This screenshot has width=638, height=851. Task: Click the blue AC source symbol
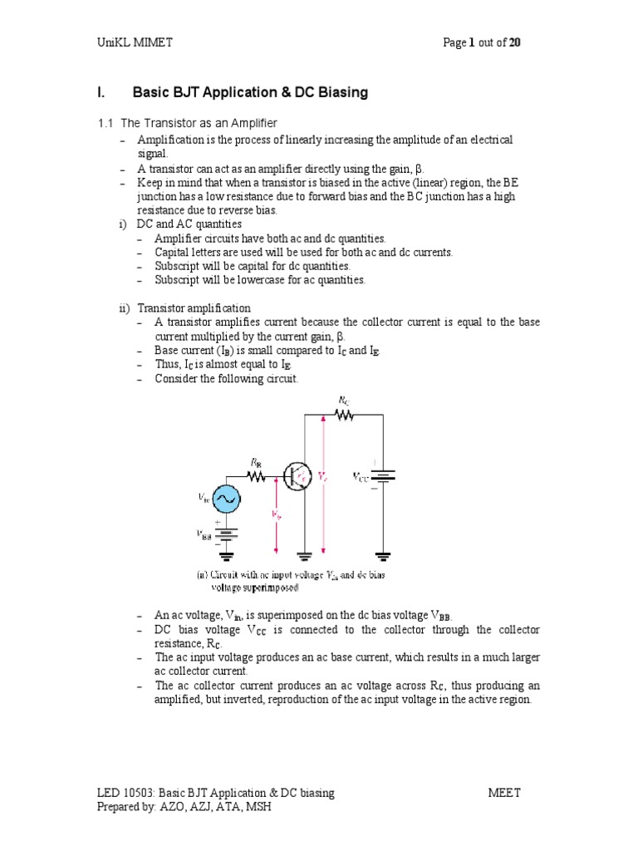tap(225, 499)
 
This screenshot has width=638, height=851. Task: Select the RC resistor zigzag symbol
tap(344, 415)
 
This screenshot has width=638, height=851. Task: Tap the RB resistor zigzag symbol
tap(257, 476)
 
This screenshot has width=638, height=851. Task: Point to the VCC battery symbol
tap(383, 476)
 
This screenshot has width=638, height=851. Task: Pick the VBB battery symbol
tap(225, 533)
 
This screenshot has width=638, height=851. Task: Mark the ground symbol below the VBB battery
tap(225, 554)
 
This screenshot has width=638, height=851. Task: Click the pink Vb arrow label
tap(277, 515)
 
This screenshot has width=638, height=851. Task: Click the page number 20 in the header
tap(515, 43)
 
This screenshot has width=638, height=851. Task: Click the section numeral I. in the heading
tap(102, 92)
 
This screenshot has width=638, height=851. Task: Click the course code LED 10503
tap(131, 793)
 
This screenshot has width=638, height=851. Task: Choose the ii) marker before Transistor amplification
tap(126, 308)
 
